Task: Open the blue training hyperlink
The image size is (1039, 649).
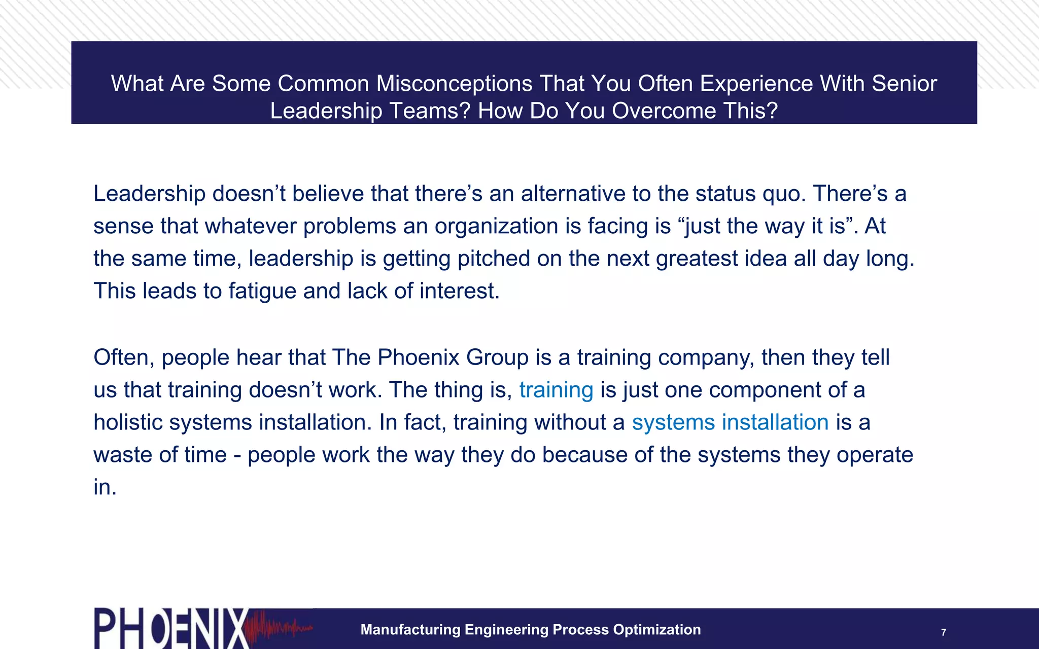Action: (x=556, y=390)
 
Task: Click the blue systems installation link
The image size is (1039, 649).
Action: (x=730, y=423)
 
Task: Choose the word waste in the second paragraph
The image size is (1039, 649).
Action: (x=122, y=455)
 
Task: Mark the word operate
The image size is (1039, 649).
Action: (x=875, y=455)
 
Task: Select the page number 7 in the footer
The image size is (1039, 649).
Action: (x=944, y=632)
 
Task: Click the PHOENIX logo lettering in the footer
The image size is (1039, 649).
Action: (x=170, y=629)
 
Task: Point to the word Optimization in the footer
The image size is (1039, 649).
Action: (x=657, y=630)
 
